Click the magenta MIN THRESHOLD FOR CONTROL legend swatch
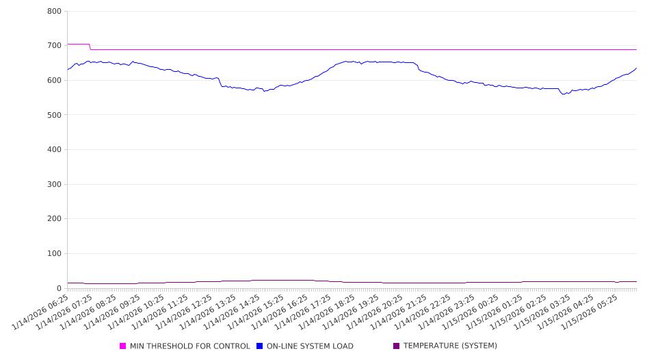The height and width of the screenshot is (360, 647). pos(123,346)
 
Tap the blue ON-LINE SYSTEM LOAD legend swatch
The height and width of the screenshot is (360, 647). pos(260,346)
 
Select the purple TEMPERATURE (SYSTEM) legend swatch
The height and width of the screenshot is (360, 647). pos(396,346)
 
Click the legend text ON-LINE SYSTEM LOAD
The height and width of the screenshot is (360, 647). pos(310,346)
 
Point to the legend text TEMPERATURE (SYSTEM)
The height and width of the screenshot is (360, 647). pos(450,346)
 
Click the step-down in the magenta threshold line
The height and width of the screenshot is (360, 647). pos(90,47)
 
